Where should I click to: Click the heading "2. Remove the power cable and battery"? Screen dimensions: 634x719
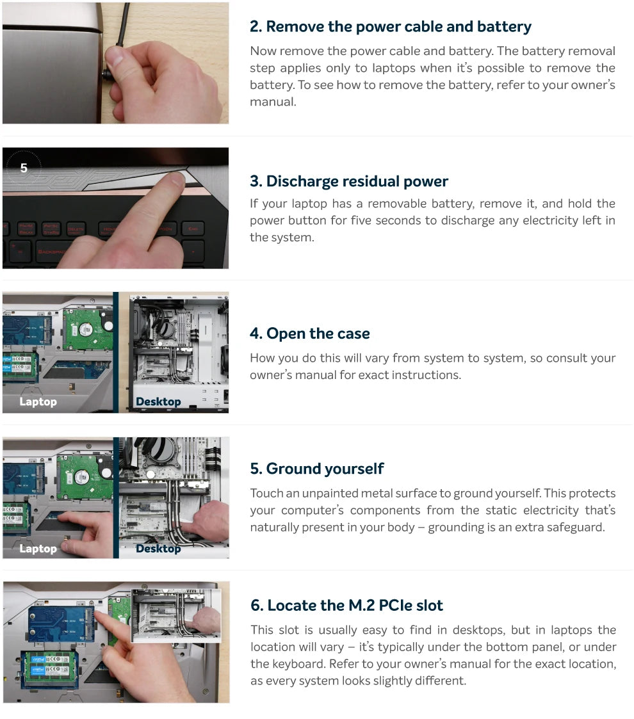tap(391, 27)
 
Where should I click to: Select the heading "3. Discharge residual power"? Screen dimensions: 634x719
tap(348, 181)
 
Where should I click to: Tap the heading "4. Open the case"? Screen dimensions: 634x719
tap(310, 334)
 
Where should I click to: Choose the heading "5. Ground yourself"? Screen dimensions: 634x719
tap(317, 469)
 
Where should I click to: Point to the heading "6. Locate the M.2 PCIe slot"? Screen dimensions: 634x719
tap(347, 605)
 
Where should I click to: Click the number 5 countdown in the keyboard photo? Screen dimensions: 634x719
tap(24, 168)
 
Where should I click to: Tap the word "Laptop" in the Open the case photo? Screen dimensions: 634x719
tap(38, 401)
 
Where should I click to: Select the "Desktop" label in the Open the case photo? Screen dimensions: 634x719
tap(158, 401)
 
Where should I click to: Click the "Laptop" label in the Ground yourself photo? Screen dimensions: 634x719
tap(38, 549)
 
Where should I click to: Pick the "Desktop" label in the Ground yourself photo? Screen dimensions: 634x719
tap(158, 549)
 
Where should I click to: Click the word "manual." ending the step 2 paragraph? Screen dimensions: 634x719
tap(273, 102)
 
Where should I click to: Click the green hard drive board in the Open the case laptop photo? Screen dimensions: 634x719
tap(87, 329)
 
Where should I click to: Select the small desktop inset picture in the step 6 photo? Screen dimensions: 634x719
tap(176, 616)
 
